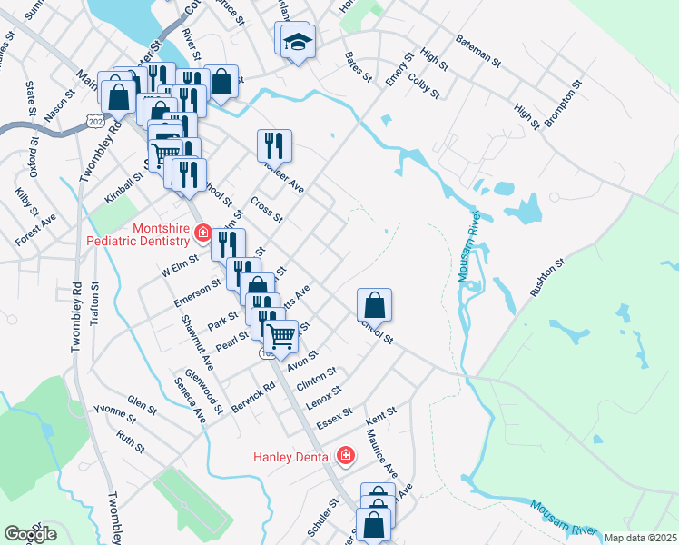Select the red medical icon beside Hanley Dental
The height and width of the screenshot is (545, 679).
(x=345, y=455)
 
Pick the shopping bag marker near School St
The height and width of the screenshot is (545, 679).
(x=374, y=304)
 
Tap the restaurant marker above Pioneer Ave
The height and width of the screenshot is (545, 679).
(x=274, y=145)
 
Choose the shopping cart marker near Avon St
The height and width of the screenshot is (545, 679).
(x=281, y=336)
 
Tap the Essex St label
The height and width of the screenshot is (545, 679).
(x=333, y=419)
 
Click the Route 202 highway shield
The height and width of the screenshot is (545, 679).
(x=94, y=120)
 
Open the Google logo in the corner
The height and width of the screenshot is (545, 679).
(x=29, y=534)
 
